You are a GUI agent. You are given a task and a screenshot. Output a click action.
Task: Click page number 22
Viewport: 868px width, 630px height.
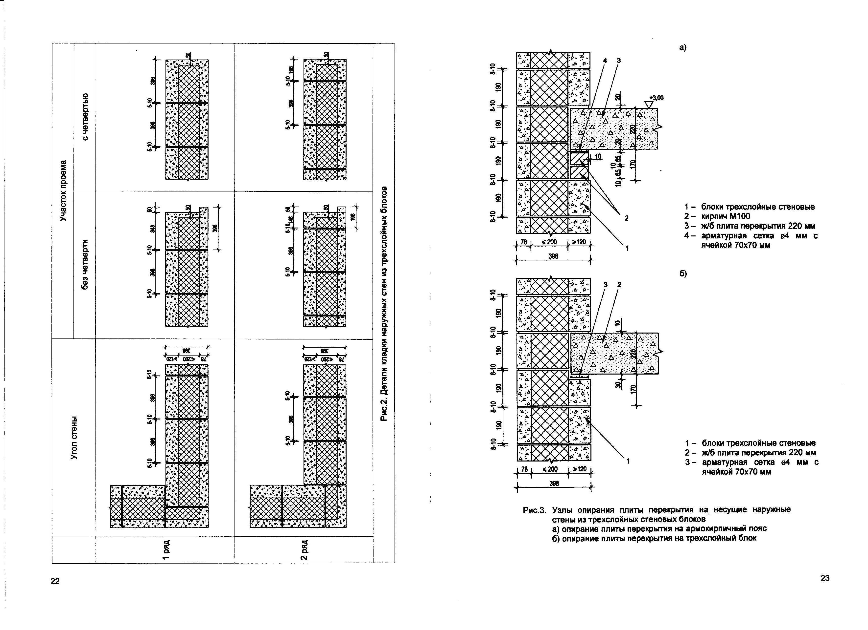pyautogui.click(x=55, y=581)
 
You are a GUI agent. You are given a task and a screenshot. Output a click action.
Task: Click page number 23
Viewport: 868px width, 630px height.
pyautogui.click(x=825, y=578)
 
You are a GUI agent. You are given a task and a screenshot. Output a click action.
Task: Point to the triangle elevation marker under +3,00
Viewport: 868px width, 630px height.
pyautogui.click(x=648, y=104)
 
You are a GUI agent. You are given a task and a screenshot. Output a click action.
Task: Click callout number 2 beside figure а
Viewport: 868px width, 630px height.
pyautogui.click(x=627, y=218)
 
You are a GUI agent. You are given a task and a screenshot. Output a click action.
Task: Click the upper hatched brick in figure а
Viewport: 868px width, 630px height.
pyautogui.click(x=579, y=158)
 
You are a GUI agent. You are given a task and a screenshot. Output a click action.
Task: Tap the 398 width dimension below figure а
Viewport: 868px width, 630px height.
pyautogui.click(x=553, y=256)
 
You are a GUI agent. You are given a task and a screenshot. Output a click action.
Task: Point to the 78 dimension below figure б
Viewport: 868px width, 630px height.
pyautogui.click(x=524, y=469)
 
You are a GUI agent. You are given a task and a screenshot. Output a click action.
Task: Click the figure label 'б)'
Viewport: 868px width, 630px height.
pyautogui.click(x=683, y=274)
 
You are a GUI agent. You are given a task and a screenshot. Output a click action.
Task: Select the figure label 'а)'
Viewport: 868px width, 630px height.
pyautogui.click(x=683, y=48)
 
